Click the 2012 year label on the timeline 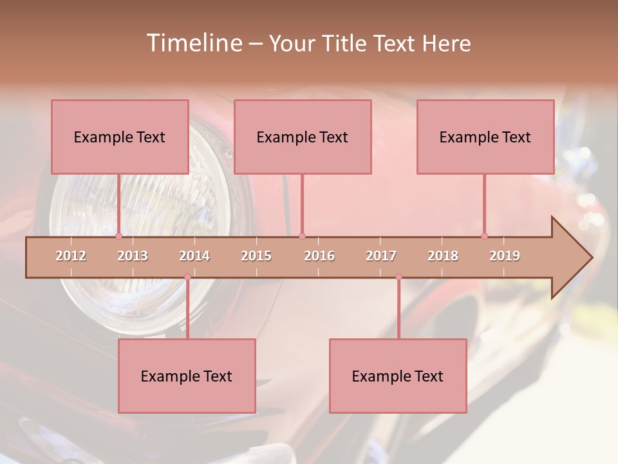click(71, 256)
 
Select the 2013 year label click(133, 256)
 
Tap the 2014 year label click(194, 256)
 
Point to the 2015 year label click(256, 256)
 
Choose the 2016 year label click(319, 256)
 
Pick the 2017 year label click(381, 256)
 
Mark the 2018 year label click(443, 256)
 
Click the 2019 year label click(505, 256)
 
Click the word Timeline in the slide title click(192, 43)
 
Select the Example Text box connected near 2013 click(120, 137)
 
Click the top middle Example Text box click(303, 137)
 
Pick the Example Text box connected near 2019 click(485, 137)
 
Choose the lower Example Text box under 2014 click(187, 376)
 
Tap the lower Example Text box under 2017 click(398, 376)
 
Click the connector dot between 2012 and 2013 click(118, 236)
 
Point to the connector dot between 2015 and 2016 click(302, 236)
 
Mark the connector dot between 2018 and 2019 click(485, 236)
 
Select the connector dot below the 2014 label click(187, 277)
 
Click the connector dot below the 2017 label click(398, 277)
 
